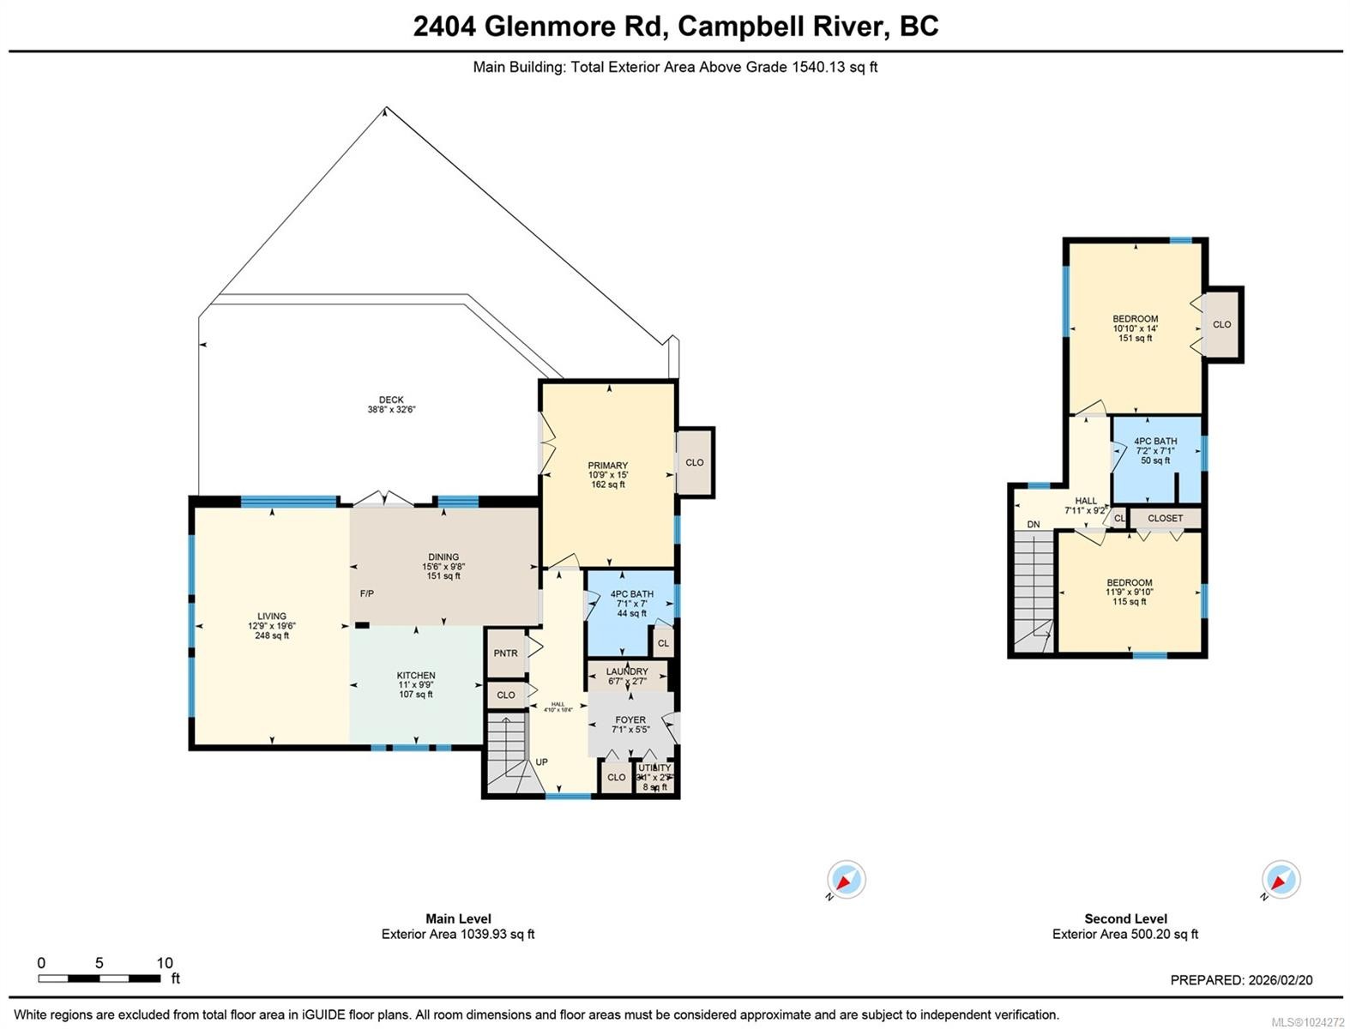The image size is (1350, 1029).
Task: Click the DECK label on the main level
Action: pos(391,400)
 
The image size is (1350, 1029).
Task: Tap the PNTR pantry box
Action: pos(506,653)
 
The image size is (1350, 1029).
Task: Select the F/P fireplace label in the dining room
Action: pos(366,593)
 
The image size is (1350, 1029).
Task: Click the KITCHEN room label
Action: pos(416,676)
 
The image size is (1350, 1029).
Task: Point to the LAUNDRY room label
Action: pos(627,671)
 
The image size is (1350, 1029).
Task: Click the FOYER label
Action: pos(630,720)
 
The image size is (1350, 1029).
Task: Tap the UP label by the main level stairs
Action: pos(542,762)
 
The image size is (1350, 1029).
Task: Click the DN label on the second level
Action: pos(1034,525)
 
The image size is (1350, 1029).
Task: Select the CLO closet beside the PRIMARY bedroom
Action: pos(695,462)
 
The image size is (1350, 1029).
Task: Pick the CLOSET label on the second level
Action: pos(1165,518)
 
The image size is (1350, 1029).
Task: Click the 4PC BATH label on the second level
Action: pos(1155,442)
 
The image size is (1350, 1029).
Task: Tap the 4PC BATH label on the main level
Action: pos(632,594)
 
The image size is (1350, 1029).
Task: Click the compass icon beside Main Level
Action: pos(846,881)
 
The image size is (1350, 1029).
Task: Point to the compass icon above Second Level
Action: pos(1281,881)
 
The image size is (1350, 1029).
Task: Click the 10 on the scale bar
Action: pos(165,963)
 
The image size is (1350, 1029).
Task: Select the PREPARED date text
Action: pos(1241,980)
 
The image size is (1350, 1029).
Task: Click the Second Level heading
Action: pos(1125,918)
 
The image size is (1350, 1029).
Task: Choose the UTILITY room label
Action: pos(654,768)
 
